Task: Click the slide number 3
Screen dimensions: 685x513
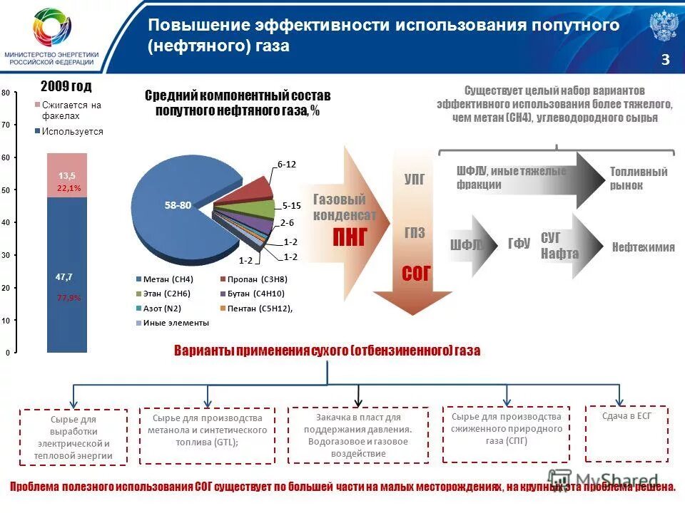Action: click(665, 60)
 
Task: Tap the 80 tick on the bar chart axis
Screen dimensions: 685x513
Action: click(5, 94)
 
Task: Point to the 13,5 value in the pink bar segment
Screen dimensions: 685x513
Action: click(67, 175)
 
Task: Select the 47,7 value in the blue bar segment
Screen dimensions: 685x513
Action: click(64, 276)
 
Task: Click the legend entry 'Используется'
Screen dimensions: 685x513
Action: click(72, 131)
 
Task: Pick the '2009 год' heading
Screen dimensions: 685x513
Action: click(66, 86)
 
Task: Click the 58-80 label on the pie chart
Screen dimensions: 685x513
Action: click(178, 205)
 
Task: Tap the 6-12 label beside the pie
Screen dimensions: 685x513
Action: click(286, 164)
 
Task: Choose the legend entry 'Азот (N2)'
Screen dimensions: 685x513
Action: click(163, 309)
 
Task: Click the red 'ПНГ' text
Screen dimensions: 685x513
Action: click(350, 237)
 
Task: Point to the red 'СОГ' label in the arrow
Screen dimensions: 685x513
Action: click(417, 272)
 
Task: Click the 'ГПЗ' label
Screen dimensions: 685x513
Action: click(415, 233)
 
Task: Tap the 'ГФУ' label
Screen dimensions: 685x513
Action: click(519, 244)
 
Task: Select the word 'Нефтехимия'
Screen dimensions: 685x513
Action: click(643, 247)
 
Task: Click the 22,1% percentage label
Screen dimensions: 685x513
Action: click(68, 188)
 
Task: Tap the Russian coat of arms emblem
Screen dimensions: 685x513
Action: click(663, 26)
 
